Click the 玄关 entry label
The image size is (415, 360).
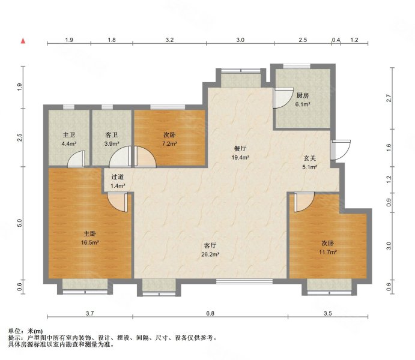click(309, 158)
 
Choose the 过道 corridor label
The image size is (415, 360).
click(118, 177)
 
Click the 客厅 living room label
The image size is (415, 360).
click(210, 245)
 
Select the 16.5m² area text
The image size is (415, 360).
click(90, 243)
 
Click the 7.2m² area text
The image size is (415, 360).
click(168, 144)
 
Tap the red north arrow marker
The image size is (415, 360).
click(23, 41)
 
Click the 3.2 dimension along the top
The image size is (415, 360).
click(170, 40)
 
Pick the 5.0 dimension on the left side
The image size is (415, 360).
click(20, 223)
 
